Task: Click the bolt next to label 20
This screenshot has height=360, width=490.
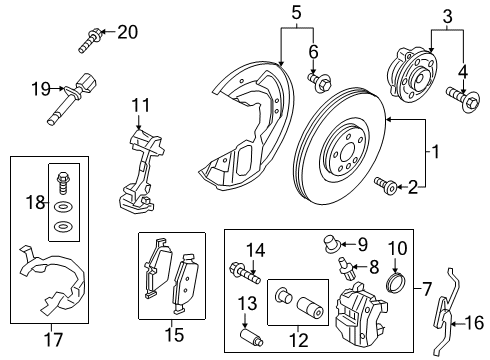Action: [x=89, y=42]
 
